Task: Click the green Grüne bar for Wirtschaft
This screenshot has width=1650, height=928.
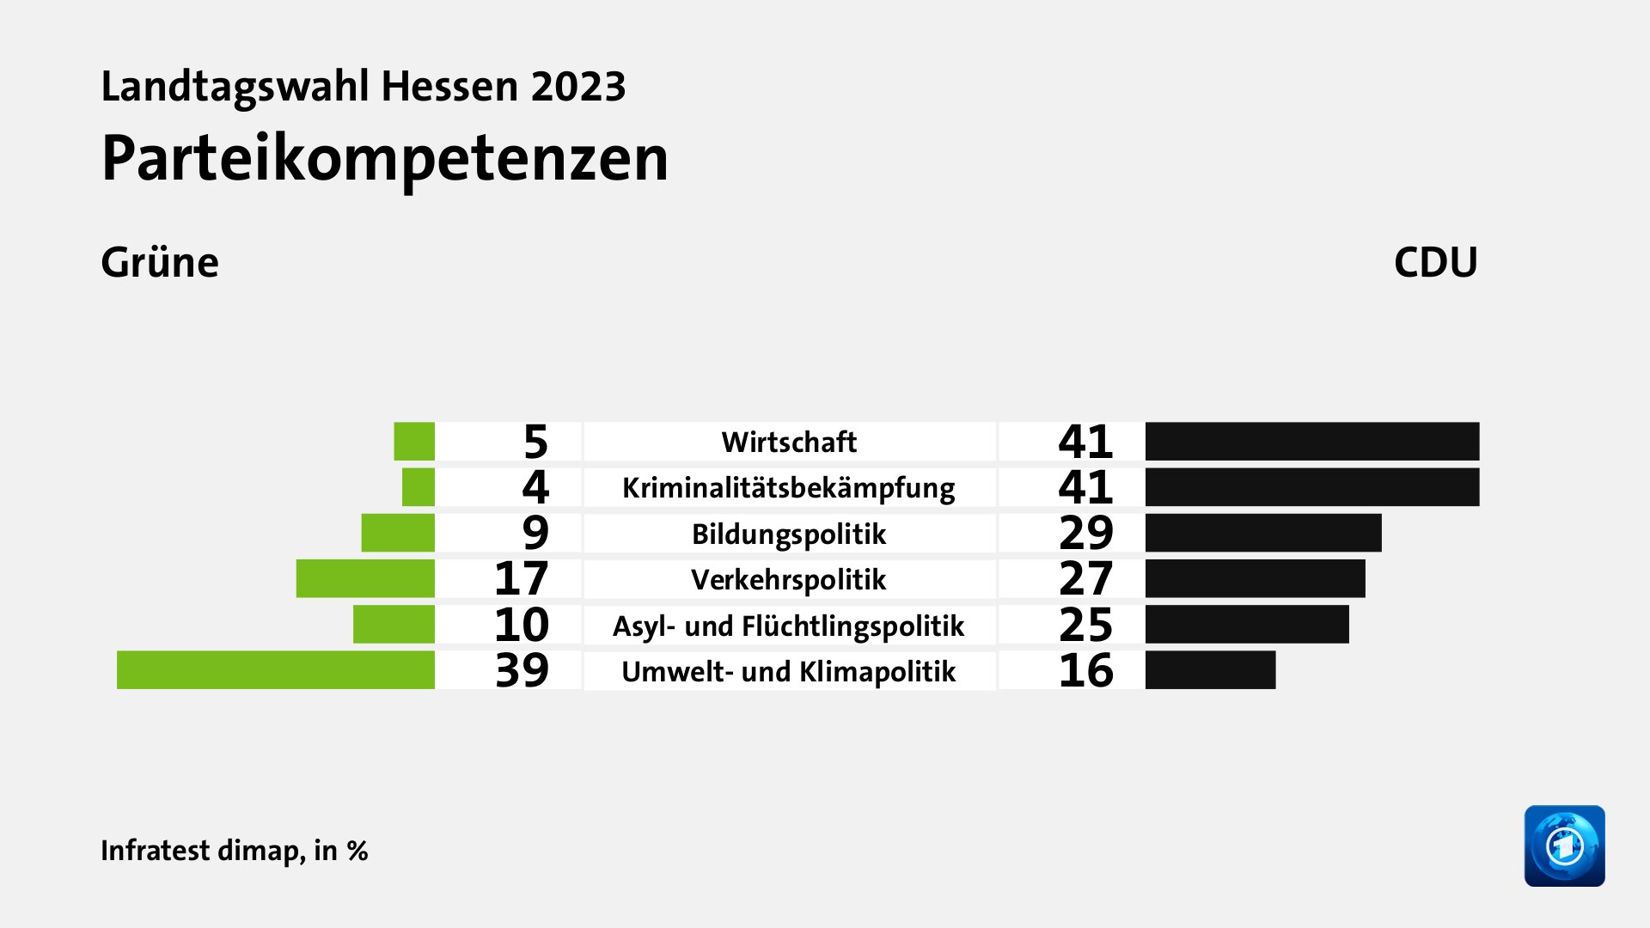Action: tap(414, 442)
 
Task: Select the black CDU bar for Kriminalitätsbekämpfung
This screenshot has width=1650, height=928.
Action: tap(1311, 487)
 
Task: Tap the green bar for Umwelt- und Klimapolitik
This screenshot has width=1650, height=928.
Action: tap(276, 670)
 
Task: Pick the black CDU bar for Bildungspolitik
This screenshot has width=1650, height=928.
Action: tap(1262, 533)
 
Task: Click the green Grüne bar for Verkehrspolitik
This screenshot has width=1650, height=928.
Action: tap(365, 578)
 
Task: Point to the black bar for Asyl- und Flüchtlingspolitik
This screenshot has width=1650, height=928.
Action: tap(1246, 625)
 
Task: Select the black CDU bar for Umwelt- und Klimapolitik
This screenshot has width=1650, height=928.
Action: tap(1210, 670)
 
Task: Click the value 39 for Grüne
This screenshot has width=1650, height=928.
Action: tap(522, 670)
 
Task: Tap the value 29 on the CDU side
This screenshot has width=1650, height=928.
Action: tap(1085, 533)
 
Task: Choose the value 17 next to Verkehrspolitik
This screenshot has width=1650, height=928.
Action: tap(522, 578)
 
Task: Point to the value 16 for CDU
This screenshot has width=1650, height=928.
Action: tap(1085, 670)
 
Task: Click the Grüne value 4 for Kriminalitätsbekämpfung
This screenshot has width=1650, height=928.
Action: tap(535, 487)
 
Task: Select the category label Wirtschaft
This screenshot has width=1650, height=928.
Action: tap(789, 442)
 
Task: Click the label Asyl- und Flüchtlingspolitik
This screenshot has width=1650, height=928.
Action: tap(789, 626)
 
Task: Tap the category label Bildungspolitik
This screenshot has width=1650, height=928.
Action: tap(789, 534)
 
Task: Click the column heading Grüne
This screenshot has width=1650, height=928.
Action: tap(160, 262)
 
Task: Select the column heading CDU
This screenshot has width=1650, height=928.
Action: tap(1435, 262)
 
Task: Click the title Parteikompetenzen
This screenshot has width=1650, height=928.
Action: tap(384, 159)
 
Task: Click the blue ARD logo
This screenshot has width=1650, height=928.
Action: tap(1564, 846)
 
